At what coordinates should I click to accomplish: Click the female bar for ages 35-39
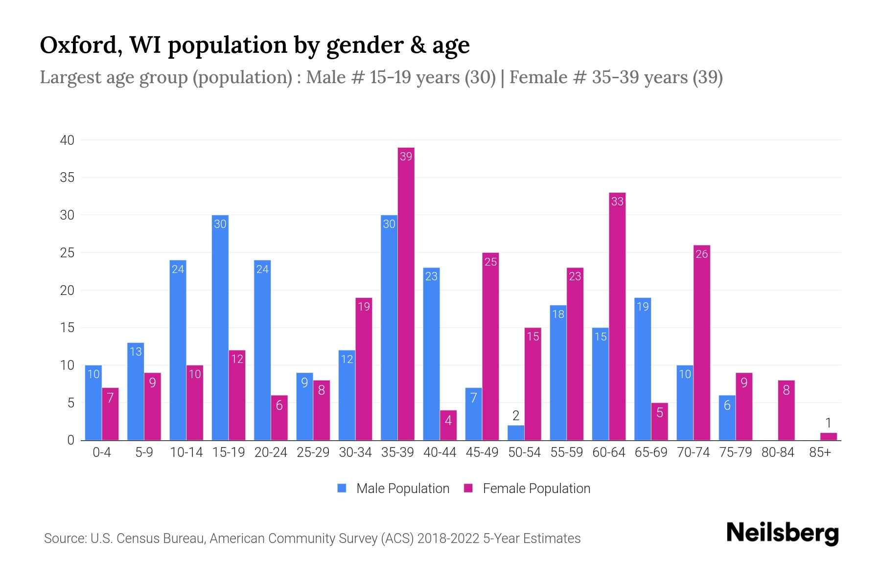[406, 293]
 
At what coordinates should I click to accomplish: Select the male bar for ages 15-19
[220, 328]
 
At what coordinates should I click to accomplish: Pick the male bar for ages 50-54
[516, 433]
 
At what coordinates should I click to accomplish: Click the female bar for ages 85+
[828, 436]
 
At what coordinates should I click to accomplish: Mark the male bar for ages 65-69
[643, 369]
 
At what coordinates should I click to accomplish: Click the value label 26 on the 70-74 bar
[701, 254]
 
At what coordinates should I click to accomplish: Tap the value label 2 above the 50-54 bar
[516, 416]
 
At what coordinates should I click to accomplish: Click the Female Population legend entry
[527, 488]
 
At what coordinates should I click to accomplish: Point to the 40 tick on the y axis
[67, 140]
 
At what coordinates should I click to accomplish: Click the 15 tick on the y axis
[67, 328]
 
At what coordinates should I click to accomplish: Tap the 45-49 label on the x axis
[482, 452]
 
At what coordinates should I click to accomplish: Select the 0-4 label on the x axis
[102, 452]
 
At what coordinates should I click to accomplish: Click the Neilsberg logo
[782, 533]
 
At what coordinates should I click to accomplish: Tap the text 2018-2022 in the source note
[448, 539]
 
